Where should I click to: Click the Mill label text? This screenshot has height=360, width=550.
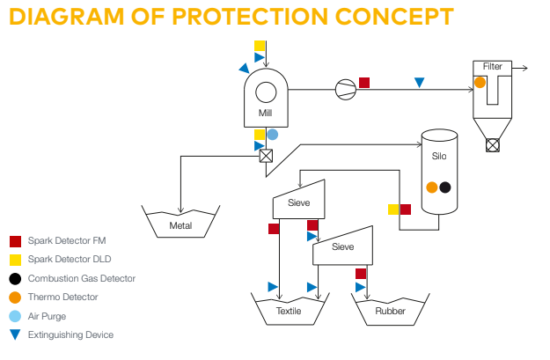tap(265, 113)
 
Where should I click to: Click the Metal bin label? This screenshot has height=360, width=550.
tap(180, 226)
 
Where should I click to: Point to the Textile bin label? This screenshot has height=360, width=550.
tap(288, 312)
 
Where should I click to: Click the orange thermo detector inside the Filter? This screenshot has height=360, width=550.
tap(480, 82)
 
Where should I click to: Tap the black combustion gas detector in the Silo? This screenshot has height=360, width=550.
tap(445, 187)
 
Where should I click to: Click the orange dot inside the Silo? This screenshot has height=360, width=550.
tap(431, 187)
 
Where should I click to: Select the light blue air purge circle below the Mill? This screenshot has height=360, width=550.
tap(273, 135)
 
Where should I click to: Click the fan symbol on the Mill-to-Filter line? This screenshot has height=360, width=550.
tap(345, 87)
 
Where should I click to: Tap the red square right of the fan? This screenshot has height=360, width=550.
tap(364, 83)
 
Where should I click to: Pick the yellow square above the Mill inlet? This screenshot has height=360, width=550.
tap(260, 45)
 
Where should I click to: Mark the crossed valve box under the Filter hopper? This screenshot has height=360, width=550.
tap(492, 145)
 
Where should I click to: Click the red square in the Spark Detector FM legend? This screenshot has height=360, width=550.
tap(15, 240)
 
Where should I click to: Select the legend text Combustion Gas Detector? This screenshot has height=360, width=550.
tap(82, 278)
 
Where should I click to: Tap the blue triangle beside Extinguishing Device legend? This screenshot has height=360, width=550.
tap(15, 335)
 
